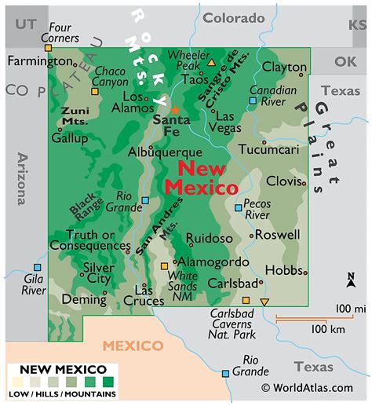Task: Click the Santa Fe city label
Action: coord(171,126)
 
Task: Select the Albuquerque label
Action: coord(166,152)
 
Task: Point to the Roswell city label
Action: coord(278,234)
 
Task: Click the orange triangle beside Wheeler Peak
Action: coord(210,60)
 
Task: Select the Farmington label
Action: coord(39,60)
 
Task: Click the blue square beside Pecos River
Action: coord(239,208)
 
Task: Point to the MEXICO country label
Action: coord(133,346)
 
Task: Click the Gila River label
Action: coord(34,283)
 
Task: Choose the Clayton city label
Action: coord(284,68)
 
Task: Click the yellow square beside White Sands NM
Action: coord(164,266)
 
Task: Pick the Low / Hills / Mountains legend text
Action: coord(63,393)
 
